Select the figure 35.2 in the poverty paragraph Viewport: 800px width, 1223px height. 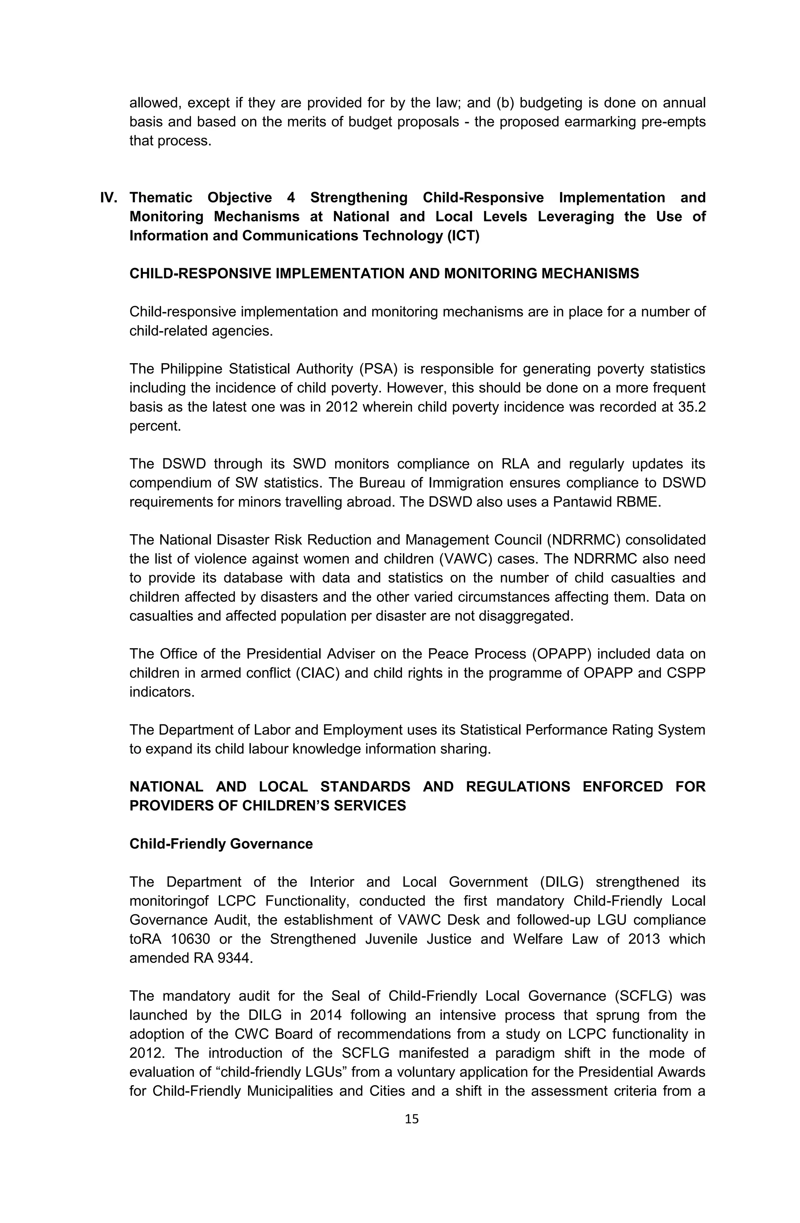point(691,407)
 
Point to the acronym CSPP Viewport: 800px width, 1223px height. point(687,673)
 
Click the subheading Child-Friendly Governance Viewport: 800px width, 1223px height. point(221,844)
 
